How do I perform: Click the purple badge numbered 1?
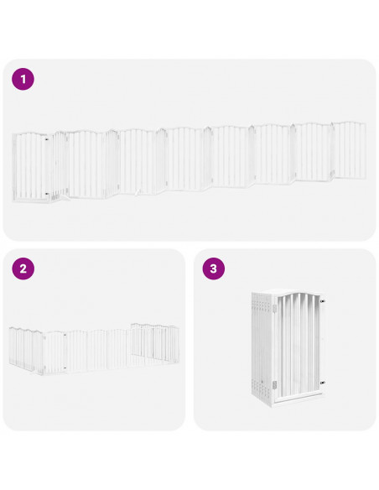(23, 80)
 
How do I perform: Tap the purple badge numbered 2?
(23, 269)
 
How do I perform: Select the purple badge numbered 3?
(214, 269)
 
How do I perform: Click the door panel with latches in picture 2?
(55, 352)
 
